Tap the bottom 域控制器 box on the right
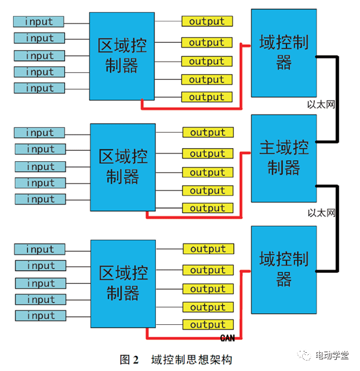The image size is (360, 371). pos(283,268)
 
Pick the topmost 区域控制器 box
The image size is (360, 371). pos(122,57)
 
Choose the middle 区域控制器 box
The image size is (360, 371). pos(123,166)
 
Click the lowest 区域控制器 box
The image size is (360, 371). pos(123,283)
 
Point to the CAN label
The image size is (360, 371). pos(227,338)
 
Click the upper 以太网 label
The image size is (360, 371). pos(321,104)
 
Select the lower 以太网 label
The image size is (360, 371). pos(321,212)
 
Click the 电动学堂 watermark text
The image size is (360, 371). pos(331,355)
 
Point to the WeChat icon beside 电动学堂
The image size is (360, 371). pos(305,355)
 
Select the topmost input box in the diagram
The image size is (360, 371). pos(39,21)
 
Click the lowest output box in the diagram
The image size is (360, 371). pos(207,324)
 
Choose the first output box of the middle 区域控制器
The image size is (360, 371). pos(207,133)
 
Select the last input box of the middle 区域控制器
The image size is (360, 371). pos(40,199)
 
